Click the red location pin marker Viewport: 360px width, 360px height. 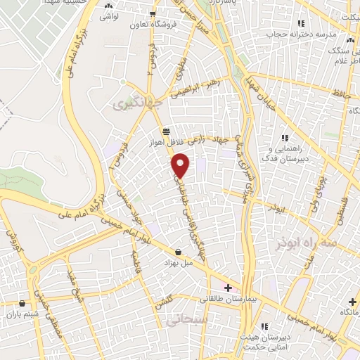click(181, 165)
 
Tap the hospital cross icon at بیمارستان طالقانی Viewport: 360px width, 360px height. click(228, 287)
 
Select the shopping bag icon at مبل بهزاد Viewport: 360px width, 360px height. click(178, 252)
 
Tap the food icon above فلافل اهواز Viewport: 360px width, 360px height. click(166, 131)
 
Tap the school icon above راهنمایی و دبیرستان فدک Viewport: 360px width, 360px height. click(285, 138)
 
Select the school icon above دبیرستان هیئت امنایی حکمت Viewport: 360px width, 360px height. click(264, 326)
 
